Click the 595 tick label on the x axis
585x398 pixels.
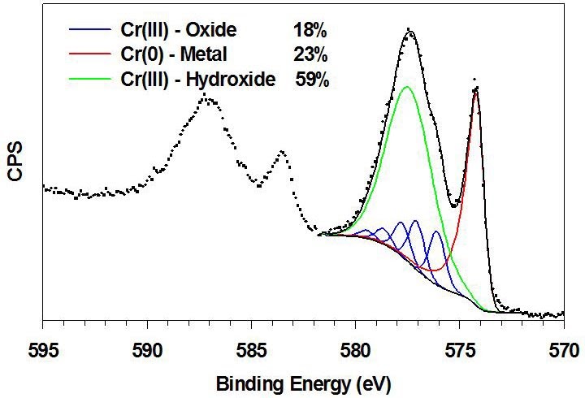(x=43, y=350)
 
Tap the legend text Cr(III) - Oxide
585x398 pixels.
(x=180, y=32)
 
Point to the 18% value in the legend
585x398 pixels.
(x=310, y=32)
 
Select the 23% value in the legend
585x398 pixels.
(x=310, y=55)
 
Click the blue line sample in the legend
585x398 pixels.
(x=90, y=32)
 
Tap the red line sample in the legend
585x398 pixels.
(x=90, y=55)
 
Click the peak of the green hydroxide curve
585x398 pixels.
(x=406, y=87)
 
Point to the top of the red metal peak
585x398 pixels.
(x=475, y=91)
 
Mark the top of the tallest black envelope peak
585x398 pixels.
(x=410, y=32)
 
